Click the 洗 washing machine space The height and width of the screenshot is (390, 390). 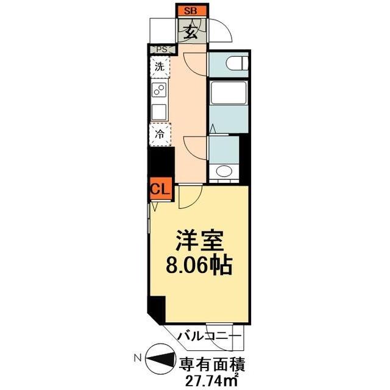pyautogui.click(x=160, y=67)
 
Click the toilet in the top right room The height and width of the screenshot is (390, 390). pyautogui.click(x=235, y=62)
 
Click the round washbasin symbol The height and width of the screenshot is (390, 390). pyautogui.click(x=224, y=171)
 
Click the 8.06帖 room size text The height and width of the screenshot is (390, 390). pyautogui.click(x=198, y=264)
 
